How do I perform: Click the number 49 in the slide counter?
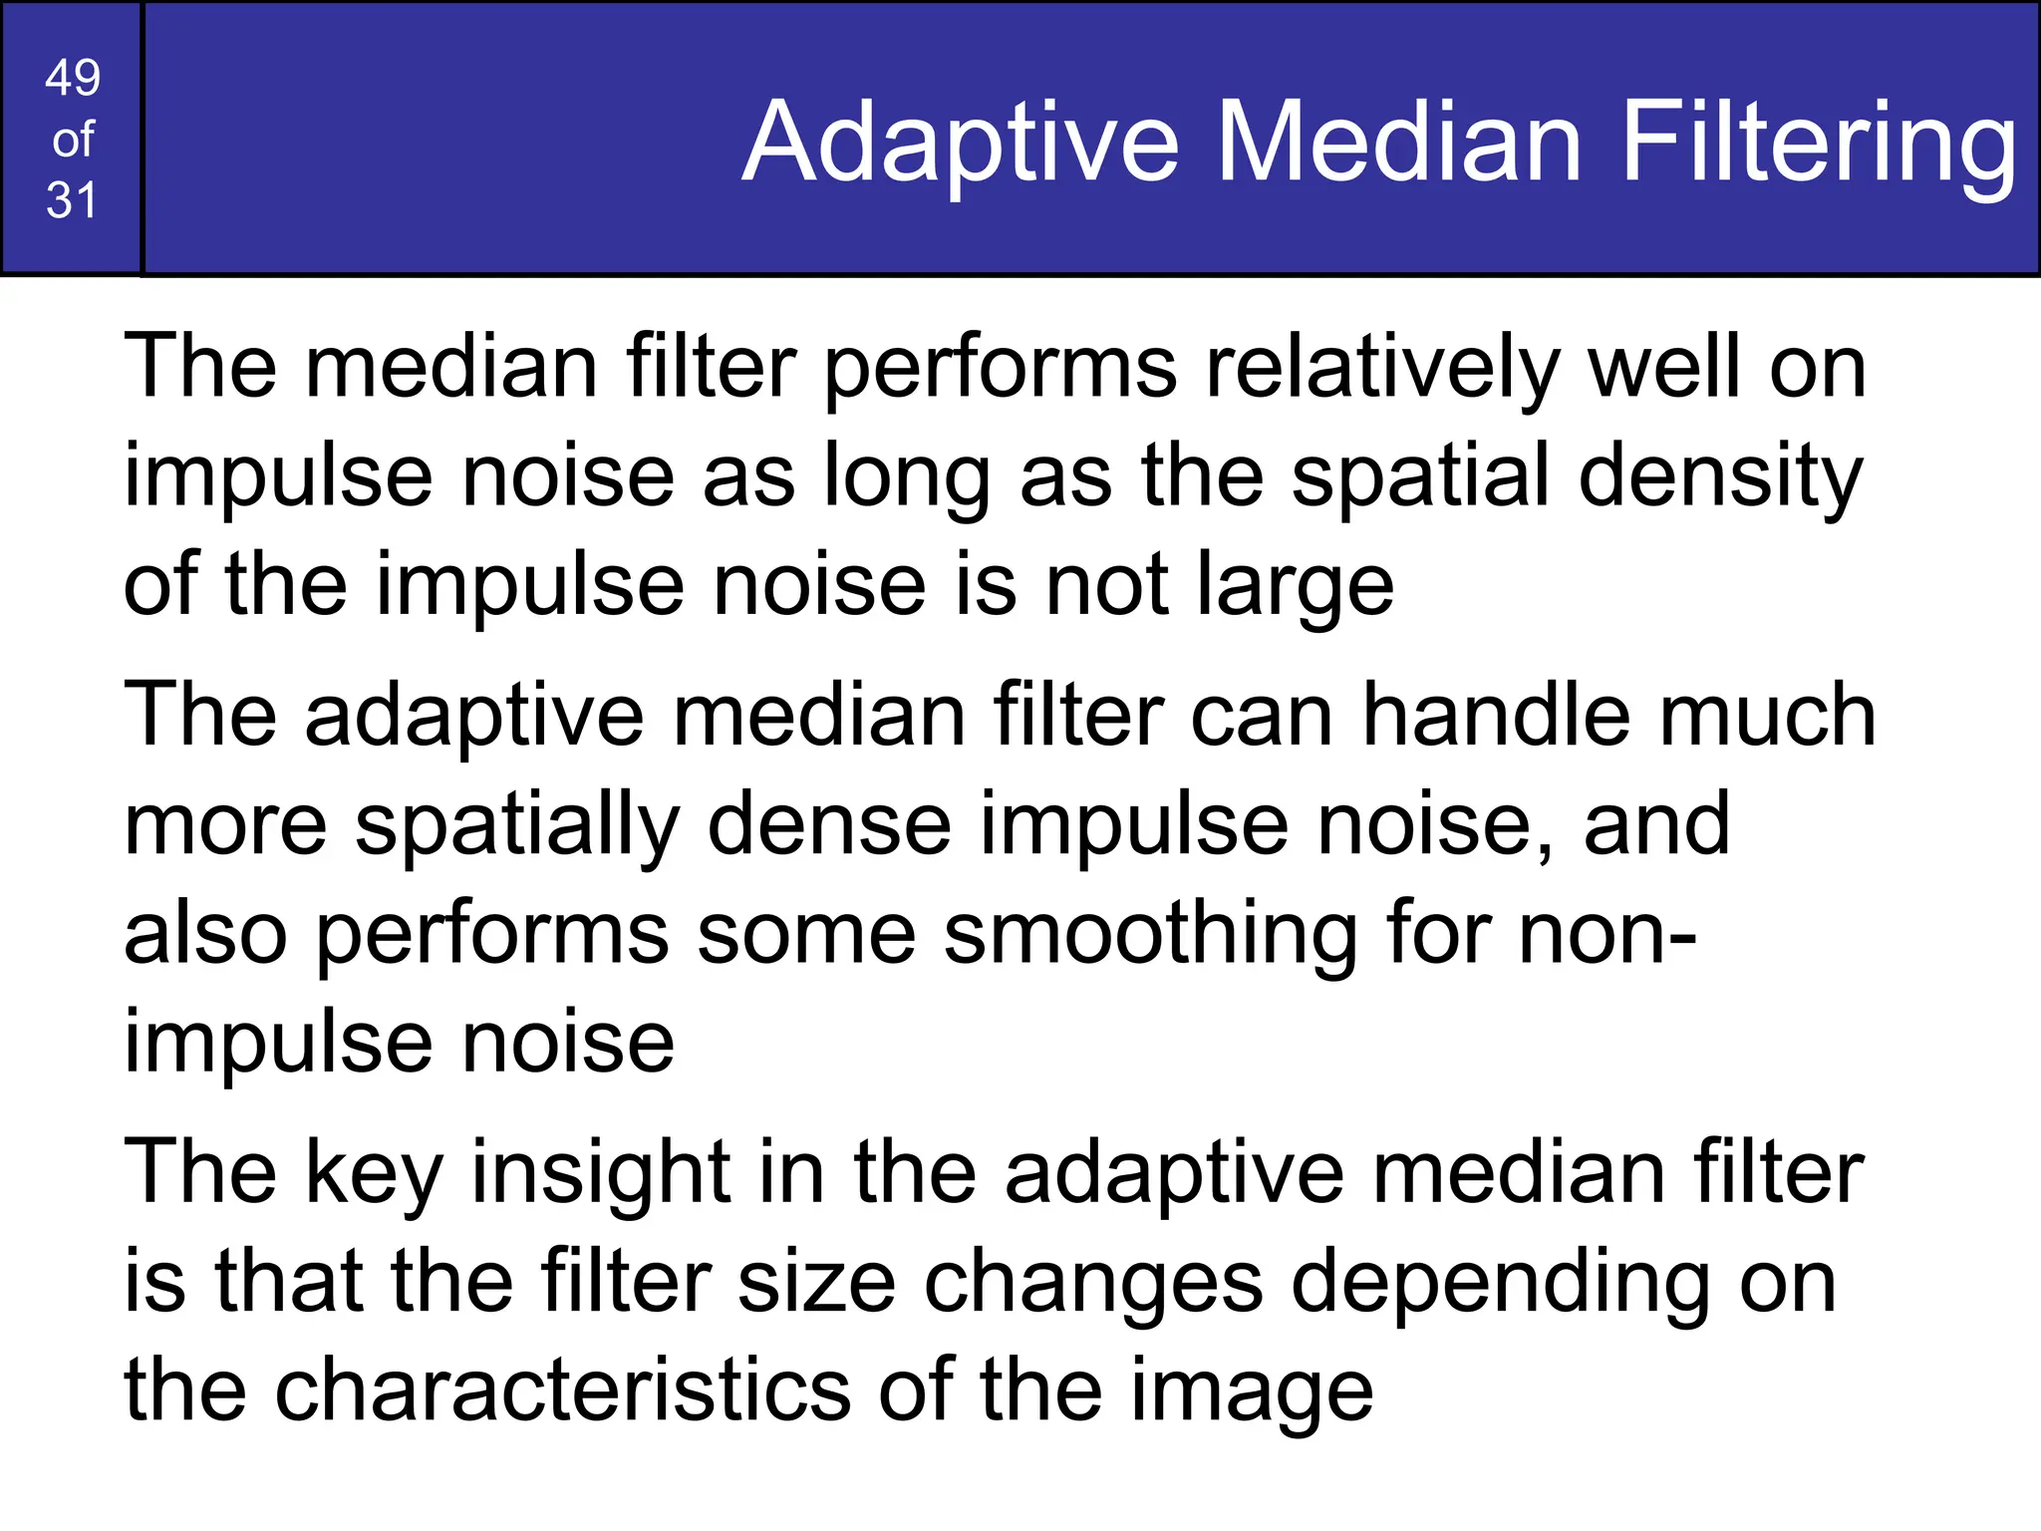coord(73,78)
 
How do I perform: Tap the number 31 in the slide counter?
coord(72,200)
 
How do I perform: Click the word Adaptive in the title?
coord(961,143)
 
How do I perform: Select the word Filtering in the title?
coord(1819,143)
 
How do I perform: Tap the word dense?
coord(829,824)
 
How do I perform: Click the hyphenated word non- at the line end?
coord(1606,935)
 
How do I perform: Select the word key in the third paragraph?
coord(373,1174)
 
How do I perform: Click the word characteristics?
coord(562,1390)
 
